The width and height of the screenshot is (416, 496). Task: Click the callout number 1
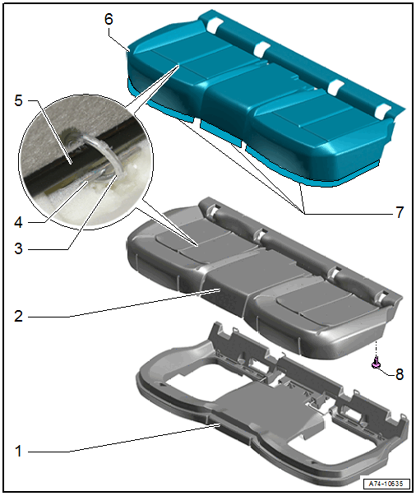coord(18,451)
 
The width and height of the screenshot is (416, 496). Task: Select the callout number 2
coord(18,316)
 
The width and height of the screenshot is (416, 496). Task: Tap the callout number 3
coord(18,248)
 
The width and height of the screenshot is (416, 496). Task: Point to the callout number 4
coord(18,222)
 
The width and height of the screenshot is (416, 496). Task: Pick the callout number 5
coord(18,100)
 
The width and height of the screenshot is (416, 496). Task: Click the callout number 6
coord(109,19)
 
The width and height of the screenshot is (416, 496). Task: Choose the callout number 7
coord(400,212)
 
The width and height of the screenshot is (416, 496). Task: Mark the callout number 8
coord(400,374)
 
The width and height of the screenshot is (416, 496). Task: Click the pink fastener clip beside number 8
coord(376,363)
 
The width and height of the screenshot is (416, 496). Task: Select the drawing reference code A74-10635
coord(386,484)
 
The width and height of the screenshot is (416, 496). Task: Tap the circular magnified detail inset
coord(86,162)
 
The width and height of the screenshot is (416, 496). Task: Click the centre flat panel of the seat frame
coord(269,408)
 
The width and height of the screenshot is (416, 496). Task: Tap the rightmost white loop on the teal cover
coord(383,110)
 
